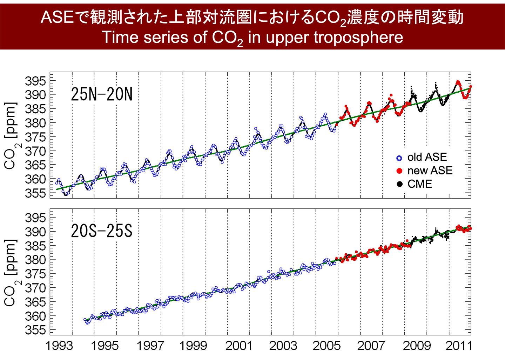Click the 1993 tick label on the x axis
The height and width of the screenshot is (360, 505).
pyautogui.click(x=59, y=346)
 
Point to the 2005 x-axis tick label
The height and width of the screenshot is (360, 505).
pyautogui.click(x=326, y=346)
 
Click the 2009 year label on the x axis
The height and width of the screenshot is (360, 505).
pyautogui.click(x=416, y=346)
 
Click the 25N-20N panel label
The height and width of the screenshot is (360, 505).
pyautogui.click(x=102, y=94)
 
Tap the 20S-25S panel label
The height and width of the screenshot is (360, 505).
pyautogui.click(x=102, y=231)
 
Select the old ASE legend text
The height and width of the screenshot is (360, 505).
pyautogui.click(x=427, y=157)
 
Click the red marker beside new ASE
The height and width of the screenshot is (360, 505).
pyautogui.click(x=399, y=171)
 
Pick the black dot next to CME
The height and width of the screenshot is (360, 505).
pyautogui.click(x=399, y=184)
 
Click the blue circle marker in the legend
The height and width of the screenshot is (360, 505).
pyautogui.click(x=399, y=158)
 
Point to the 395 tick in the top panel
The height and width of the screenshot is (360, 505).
pyautogui.click(x=35, y=81)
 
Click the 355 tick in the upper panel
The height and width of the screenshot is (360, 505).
pyautogui.click(x=35, y=193)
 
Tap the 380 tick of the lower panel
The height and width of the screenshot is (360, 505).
pyautogui.click(x=35, y=260)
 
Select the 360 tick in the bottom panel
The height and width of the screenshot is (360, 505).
pyautogui.click(x=35, y=316)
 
